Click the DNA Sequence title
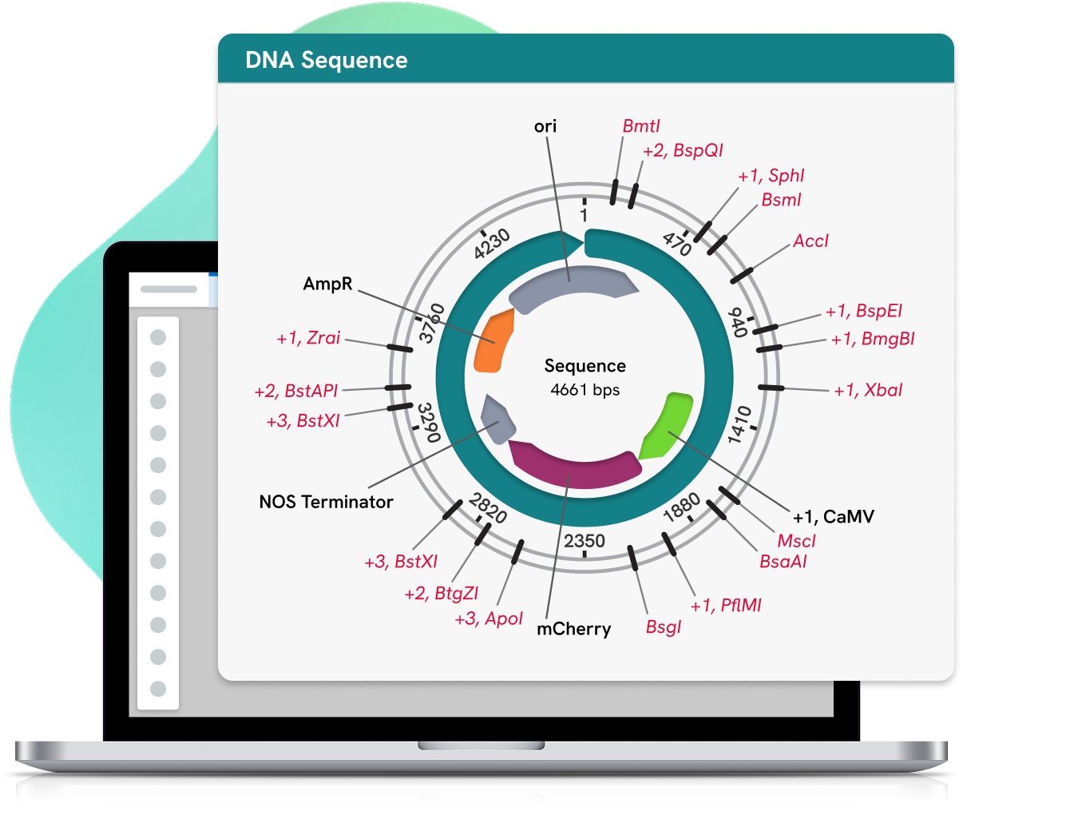point(326,61)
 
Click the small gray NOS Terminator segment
point(497,419)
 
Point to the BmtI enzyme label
point(641,126)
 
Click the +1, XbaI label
point(868,390)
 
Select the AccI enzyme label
point(810,241)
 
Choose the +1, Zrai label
point(308,338)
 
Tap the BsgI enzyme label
point(664,626)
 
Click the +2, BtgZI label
point(441,594)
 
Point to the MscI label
point(796,541)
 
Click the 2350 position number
point(585,541)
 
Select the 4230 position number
point(491,244)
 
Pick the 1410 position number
point(739,424)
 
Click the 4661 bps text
point(585,390)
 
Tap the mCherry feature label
point(573,629)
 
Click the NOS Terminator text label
point(326,502)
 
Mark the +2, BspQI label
point(683,150)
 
